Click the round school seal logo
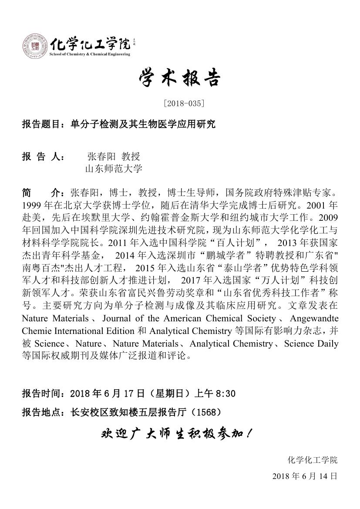[34, 46]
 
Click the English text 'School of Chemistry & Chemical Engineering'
[90, 54]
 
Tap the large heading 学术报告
[180, 79]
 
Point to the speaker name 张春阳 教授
[114, 156]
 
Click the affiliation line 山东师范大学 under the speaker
[114, 169]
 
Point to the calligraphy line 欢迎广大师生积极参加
[176, 434]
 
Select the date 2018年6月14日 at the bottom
[304, 476]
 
